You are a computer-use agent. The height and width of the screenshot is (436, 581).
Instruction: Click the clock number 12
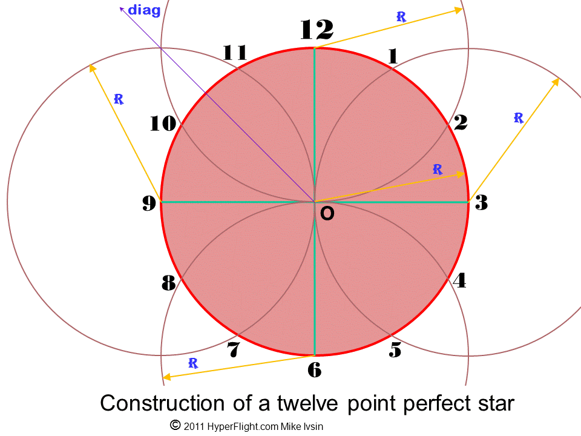(x=317, y=29)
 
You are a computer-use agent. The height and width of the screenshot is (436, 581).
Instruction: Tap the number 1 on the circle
(x=393, y=56)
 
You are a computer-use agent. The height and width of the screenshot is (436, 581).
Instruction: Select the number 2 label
(x=460, y=122)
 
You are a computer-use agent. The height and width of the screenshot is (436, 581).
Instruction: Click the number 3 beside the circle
(x=481, y=203)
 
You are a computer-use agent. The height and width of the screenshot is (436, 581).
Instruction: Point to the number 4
(x=459, y=280)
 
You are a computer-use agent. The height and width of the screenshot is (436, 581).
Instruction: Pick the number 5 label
(x=395, y=350)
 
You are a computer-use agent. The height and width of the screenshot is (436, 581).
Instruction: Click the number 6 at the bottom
(x=314, y=369)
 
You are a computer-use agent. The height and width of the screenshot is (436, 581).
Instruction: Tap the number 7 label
(x=234, y=350)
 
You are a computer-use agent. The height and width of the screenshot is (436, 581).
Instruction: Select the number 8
(x=168, y=282)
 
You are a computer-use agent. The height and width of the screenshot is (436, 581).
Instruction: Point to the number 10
(x=163, y=124)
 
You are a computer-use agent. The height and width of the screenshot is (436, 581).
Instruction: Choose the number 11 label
(x=235, y=53)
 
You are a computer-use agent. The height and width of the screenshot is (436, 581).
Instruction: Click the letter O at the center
(x=327, y=214)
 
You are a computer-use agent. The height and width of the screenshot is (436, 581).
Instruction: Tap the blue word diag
(x=144, y=10)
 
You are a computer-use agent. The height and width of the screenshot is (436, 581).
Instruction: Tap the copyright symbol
(x=175, y=425)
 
